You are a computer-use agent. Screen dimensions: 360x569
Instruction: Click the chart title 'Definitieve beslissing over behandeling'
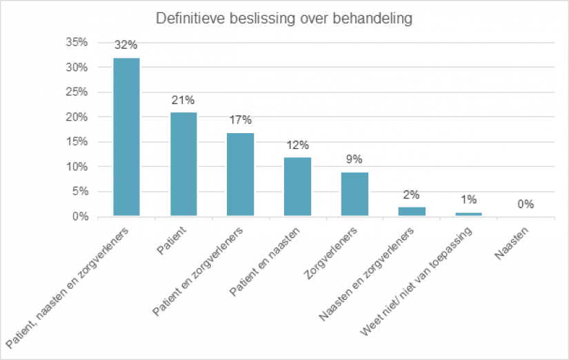coord(283,19)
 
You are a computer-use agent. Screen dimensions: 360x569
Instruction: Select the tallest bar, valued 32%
coord(127,137)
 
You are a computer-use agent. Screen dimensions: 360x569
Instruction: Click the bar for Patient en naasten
coord(298,187)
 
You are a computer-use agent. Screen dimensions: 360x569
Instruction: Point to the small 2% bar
coord(412,212)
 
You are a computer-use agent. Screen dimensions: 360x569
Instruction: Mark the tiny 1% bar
coord(468,214)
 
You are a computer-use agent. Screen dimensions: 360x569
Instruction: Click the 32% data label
coord(127,46)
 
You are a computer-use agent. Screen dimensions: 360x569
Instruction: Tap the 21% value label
coord(183,100)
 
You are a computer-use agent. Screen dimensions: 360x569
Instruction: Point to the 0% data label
coord(526,204)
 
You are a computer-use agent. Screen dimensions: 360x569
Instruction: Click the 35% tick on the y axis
coord(77,43)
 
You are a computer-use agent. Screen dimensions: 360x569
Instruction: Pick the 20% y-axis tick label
coord(77,117)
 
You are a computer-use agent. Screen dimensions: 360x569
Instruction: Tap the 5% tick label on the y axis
coord(79,192)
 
